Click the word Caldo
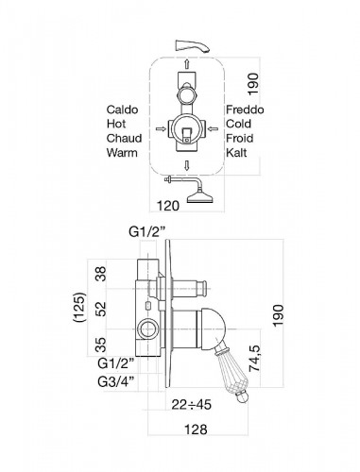(x=122, y=110)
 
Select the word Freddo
(x=245, y=110)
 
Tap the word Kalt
(x=236, y=153)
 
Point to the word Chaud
(x=124, y=138)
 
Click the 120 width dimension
(x=168, y=206)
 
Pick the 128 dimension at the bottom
(x=196, y=430)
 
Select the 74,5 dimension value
(x=254, y=359)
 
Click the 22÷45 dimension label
(x=191, y=404)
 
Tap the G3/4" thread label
(x=116, y=381)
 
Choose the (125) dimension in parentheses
(x=78, y=307)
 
